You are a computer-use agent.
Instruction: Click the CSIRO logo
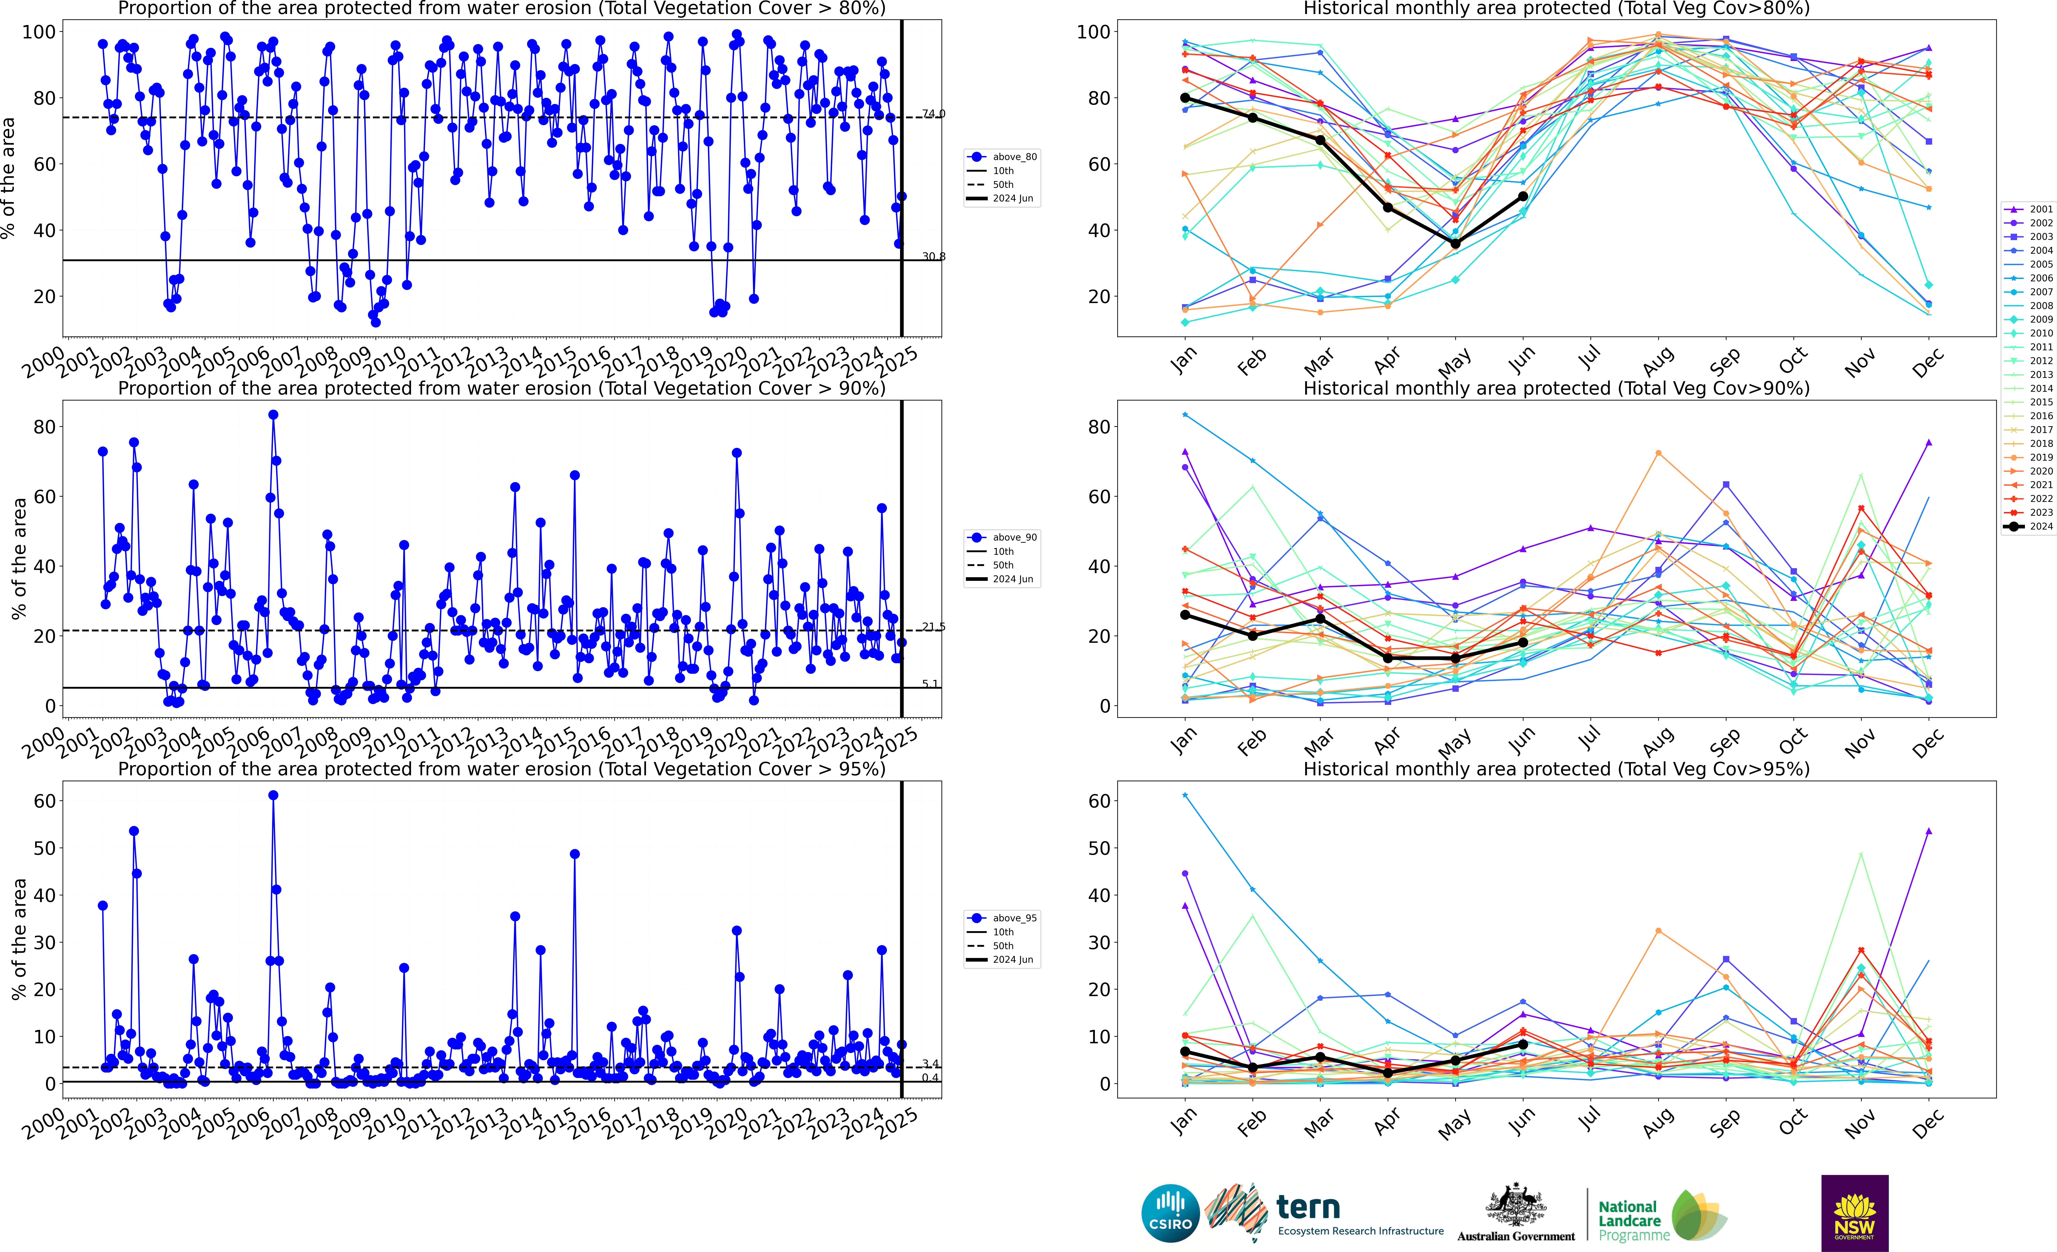[1170, 1213]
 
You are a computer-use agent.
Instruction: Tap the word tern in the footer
[1308, 1207]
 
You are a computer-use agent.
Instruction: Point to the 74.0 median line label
[933, 113]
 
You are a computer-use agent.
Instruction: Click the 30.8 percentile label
[933, 256]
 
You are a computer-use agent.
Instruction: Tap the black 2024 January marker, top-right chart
[1186, 98]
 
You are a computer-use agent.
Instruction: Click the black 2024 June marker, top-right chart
[1523, 196]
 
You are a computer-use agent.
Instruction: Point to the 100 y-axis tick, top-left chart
[38, 32]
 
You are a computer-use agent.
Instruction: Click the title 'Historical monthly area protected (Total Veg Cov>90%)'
[1556, 388]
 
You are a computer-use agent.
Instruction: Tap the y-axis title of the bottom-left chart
[18, 939]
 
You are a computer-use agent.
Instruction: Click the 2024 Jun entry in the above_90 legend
[1013, 579]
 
